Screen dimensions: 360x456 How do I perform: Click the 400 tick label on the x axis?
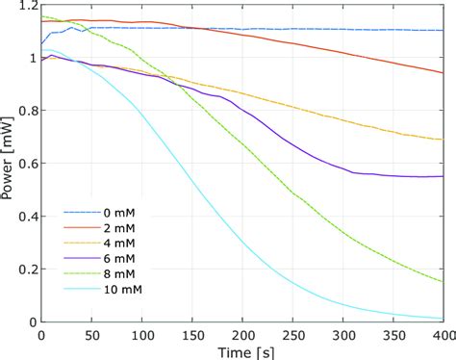click(x=442, y=334)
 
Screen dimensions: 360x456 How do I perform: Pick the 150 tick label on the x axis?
click(x=190, y=334)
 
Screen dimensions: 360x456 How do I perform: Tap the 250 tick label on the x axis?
click(x=291, y=334)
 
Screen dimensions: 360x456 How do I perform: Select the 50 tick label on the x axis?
click(x=90, y=334)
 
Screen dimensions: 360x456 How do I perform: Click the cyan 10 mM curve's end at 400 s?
click(x=443, y=319)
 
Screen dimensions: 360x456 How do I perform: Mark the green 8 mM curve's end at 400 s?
click(x=443, y=282)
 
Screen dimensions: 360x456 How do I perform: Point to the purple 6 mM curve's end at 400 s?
click(x=443, y=176)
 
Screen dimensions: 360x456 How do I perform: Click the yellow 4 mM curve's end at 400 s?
click(x=443, y=140)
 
